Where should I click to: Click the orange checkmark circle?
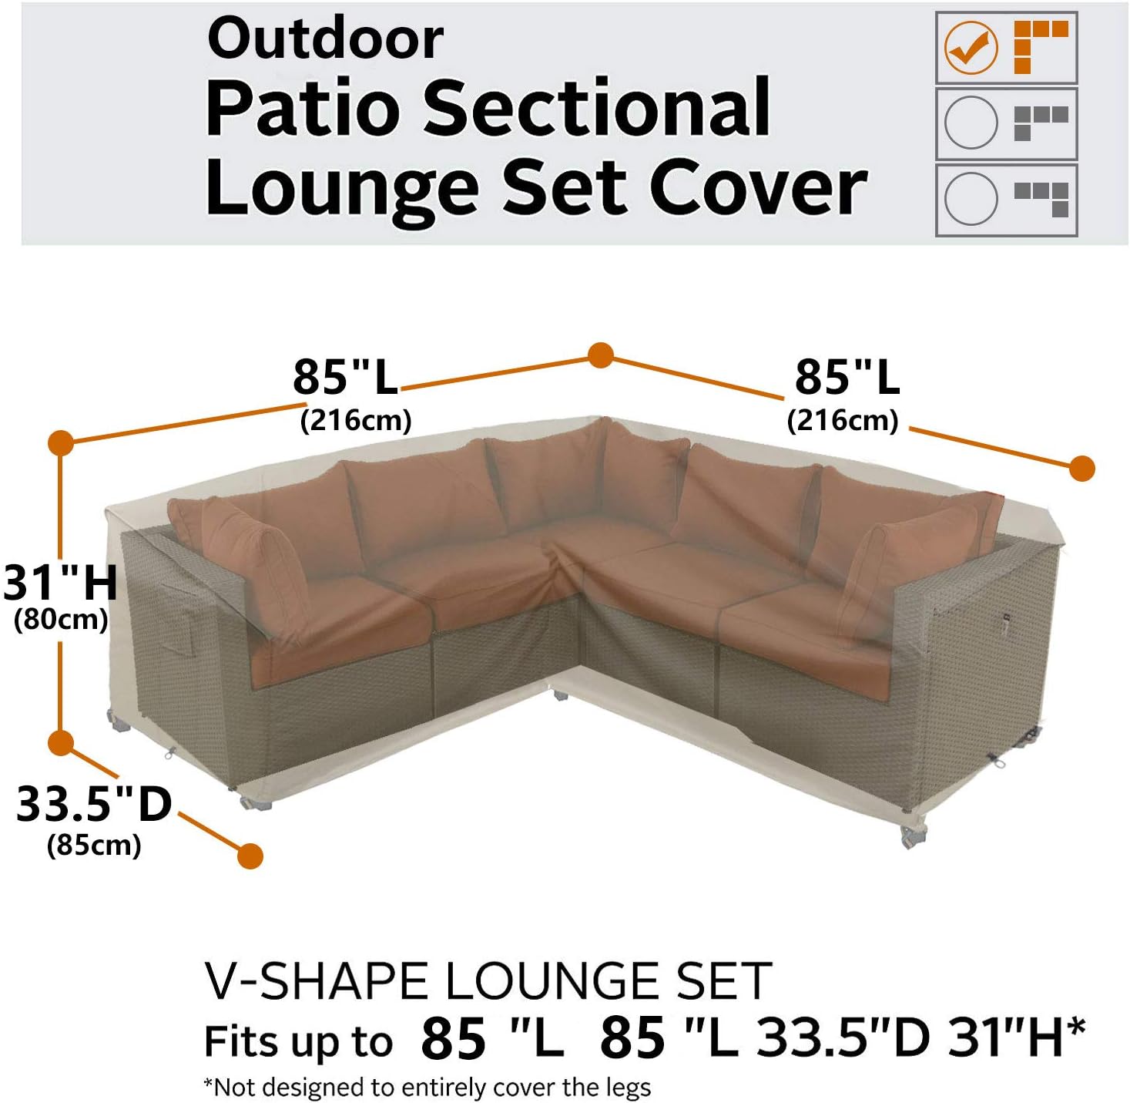[971, 48]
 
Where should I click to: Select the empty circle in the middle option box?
[971, 123]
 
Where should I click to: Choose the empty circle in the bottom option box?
[971, 198]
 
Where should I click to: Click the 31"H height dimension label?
[60, 583]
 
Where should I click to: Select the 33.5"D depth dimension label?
[94, 804]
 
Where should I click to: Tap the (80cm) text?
[61, 620]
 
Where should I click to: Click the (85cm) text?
[94, 846]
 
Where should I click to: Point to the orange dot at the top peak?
[601, 355]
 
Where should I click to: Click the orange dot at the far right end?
[1082, 468]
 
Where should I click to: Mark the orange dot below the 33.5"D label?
[250, 856]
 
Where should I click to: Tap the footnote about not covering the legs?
[428, 1087]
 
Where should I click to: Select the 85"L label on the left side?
[345, 378]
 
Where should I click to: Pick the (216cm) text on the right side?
[843, 421]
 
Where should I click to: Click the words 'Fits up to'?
[298, 1041]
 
